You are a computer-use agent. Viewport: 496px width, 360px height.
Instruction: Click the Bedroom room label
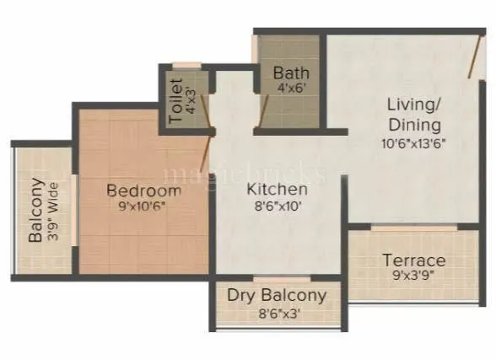click(143, 191)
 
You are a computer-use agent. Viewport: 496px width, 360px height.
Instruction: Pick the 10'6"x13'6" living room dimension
click(412, 142)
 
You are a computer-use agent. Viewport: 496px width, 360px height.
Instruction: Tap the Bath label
click(291, 73)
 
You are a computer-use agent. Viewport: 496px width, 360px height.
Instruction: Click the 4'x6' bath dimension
click(291, 88)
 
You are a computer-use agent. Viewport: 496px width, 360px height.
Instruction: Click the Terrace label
click(413, 260)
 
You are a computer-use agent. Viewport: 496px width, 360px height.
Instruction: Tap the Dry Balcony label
click(277, 295)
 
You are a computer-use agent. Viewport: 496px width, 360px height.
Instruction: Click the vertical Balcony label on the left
click(36, 210)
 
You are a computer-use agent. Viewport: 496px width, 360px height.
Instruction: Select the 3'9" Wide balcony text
click(52, 210)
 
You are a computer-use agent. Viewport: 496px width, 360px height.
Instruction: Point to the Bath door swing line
click(263, 105)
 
